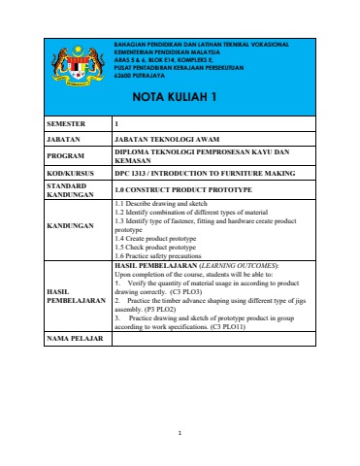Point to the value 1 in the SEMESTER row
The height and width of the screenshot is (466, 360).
[116, 124]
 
